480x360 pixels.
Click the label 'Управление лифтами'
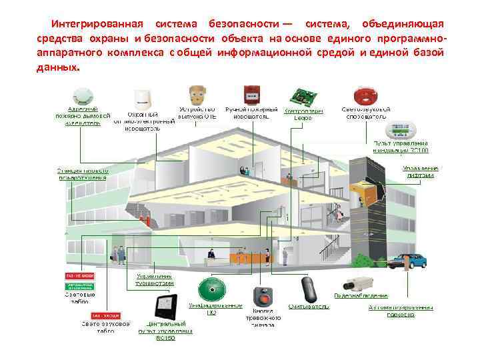point(421,171)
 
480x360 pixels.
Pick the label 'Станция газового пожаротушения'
point(83,174)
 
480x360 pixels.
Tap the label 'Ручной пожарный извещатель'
point(252,113)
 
